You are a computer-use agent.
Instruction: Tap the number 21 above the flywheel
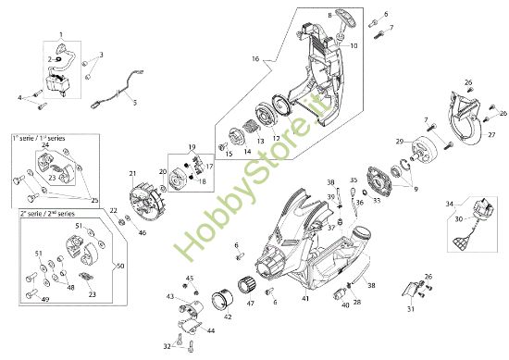(x=132, y=173)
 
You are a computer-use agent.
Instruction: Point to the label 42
(x=228, y=317)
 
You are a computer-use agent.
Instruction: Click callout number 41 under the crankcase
(x=304, y=299)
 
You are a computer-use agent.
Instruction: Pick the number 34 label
(x=450, y=203)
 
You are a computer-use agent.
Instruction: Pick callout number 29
(x=399, y=142)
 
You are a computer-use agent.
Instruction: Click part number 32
(x=166, y=346)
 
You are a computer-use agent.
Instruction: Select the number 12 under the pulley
(x=274, y=139)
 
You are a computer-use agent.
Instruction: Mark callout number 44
(x=211, y=330)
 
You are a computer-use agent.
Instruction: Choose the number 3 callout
(x=101, y=55)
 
